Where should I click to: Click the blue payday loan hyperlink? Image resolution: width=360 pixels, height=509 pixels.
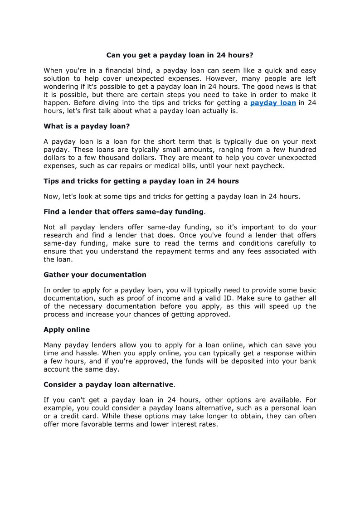[x=273, y=103]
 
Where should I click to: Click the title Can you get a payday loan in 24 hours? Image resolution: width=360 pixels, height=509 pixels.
[x=180, y=55]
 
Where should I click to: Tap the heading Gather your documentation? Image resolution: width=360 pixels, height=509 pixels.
[x=95, y=275]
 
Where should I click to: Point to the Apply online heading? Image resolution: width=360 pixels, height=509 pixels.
[x=67, y=330]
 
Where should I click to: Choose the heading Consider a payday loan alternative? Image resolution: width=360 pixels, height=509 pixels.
[x=108, y=384]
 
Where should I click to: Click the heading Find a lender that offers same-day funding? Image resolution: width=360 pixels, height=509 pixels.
[x=123, y=212]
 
